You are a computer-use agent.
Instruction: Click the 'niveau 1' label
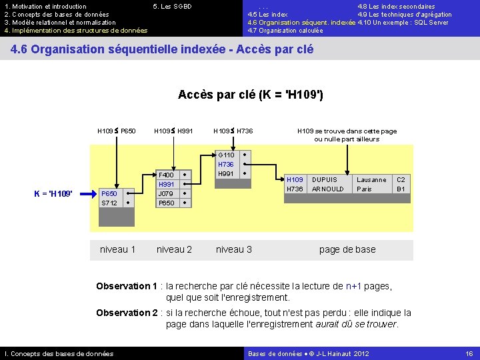[x=117, y=249]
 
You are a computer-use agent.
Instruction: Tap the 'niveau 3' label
[x=233, y=249]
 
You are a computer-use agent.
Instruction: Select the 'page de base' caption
[x=347, y=249]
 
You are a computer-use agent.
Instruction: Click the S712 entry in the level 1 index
[x=109, y=203]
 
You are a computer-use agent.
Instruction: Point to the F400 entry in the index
[x=166, y=175]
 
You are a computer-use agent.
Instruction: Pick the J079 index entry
[x=166, y=193]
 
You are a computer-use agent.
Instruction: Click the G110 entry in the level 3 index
[x=226, y=155]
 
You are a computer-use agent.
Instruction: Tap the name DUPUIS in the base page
[x=325, y=180]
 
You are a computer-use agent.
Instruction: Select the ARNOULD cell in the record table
[x=328, y=189]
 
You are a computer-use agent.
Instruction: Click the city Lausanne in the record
[x=371, y=180]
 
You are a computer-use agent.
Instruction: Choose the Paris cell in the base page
[x=364, y=189]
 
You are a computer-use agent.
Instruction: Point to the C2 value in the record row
[x=401, y=180]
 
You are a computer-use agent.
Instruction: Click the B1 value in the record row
[x=401, y=189]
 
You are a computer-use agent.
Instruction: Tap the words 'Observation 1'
[x=127, y=286]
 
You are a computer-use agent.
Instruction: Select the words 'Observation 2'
[x=127, y=313]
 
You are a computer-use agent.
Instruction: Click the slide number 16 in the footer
[x=469, y=353]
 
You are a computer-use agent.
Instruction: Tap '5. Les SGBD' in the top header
[x=172, y=7]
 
